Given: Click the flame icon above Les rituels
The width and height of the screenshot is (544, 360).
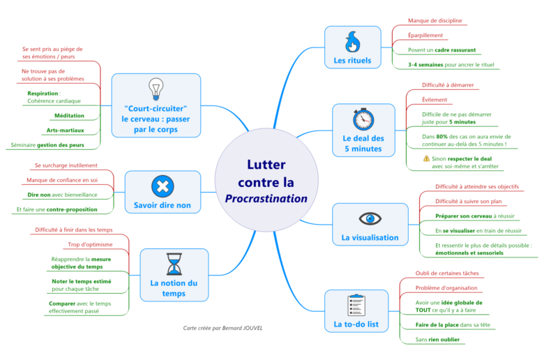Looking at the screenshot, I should (352, 41).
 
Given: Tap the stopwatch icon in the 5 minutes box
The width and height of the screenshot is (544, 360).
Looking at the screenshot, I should (363, 119).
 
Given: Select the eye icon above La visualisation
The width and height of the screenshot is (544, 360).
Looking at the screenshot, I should (370, 218).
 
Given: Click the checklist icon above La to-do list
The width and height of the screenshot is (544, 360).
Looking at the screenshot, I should (356, 305).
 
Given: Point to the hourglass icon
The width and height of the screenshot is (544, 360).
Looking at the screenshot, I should (174, 264).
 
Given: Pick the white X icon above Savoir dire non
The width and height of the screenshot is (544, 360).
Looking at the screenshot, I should (162, 186).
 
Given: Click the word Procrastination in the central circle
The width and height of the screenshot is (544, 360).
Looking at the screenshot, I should (266, 198).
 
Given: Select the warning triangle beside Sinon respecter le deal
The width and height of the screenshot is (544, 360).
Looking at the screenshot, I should (426, 158).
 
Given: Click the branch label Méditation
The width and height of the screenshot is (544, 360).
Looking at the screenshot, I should (69, 115).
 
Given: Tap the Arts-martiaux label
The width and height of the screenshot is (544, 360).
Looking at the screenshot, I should (66, 130).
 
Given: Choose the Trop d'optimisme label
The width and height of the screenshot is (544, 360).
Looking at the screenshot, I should (91, 245).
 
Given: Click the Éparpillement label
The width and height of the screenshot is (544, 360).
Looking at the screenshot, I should (425, 35).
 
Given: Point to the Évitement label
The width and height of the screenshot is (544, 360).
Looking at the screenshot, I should (435, 100).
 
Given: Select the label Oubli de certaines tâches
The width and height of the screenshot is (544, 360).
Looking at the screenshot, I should (446, 273).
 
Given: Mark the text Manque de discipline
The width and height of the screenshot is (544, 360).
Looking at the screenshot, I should (435, 21).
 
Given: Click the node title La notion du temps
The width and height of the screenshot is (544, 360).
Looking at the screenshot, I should (174, 288).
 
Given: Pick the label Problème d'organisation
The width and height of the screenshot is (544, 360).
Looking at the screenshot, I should (446, 287).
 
